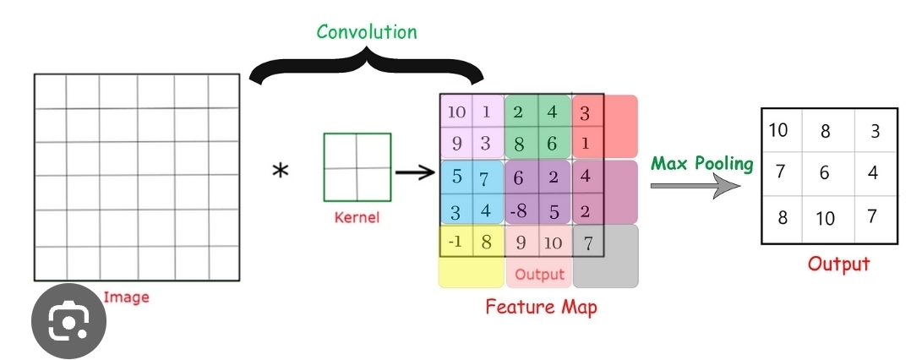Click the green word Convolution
(367, 32)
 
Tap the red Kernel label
(357, 218)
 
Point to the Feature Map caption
(541, 306)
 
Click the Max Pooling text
(701, 163)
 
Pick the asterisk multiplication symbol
(280, 172)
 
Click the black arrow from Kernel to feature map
(414, 172)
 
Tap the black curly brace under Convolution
(367, 68)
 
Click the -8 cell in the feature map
(521, 210)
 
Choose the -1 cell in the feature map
(455, 242)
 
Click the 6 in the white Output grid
(825, 172)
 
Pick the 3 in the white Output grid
(874, 130)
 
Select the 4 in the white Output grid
(873, 172)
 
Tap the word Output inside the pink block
(539, 275)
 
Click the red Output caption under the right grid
(838, 264)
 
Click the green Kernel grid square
(357, 167)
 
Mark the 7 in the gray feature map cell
(588, 243)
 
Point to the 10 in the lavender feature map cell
(455, 112)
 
